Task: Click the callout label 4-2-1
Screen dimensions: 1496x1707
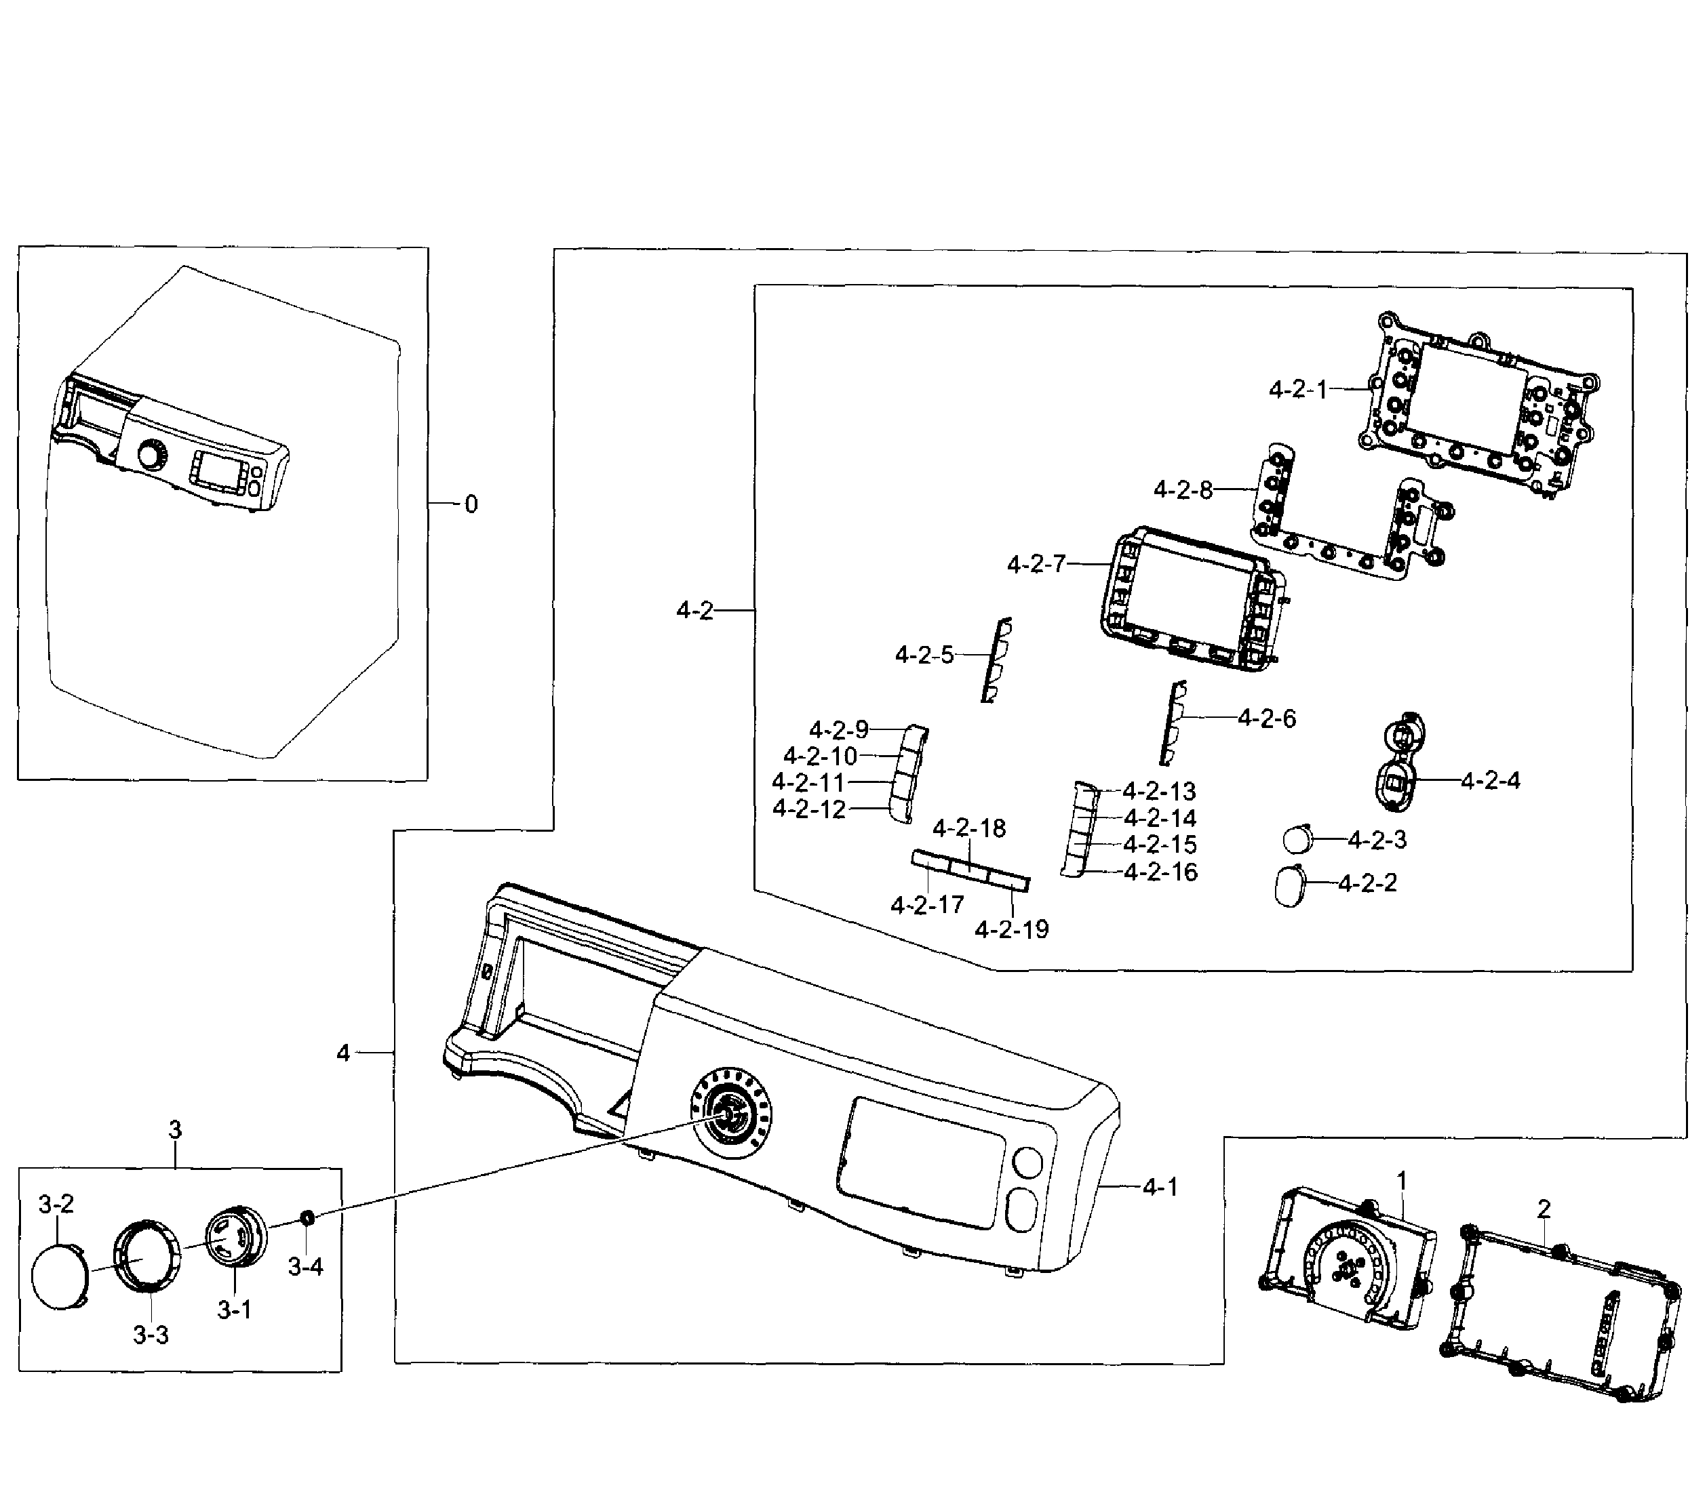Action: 1298,389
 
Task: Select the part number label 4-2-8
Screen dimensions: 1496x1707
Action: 1183,490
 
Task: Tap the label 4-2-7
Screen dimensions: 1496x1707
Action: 1036,565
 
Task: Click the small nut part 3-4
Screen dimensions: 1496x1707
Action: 307,1217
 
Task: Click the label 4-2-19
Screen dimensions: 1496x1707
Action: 1011,929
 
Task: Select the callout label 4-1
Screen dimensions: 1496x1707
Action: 1160,1186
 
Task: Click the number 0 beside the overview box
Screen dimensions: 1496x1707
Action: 471,504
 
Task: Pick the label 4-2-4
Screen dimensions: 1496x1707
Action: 1491,781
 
